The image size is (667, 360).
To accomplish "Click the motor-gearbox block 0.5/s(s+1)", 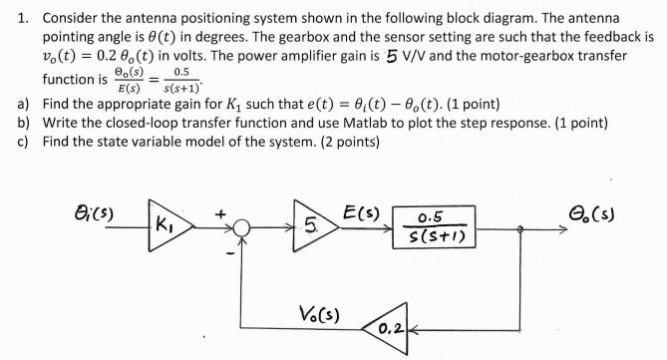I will [x=433, y=226].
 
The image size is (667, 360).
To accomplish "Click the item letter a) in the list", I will [x=24, y=104].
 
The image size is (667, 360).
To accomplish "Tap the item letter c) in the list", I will [x=24, y=141].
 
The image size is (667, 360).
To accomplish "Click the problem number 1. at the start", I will [x=22, y=19].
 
